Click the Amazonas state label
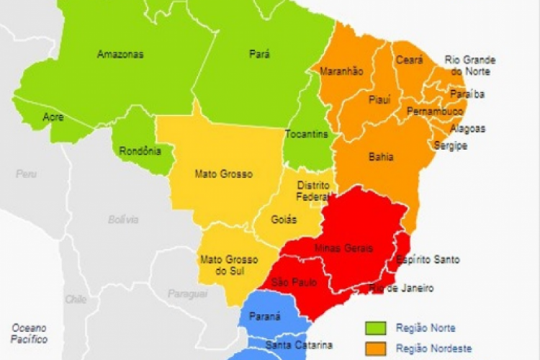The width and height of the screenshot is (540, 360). click(120, 54)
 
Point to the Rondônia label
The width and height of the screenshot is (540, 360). click(140, 150)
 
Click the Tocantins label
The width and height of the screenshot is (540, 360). click(306, 135)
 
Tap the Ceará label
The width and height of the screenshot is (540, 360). click(408, 60)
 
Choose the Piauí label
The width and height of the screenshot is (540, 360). click(379, 99)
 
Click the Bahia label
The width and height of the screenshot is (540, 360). click(380, 156)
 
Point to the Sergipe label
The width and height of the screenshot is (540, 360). click(450, 145)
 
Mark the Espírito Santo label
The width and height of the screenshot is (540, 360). click(427, 259)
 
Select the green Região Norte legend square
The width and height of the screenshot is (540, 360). click(375, 328)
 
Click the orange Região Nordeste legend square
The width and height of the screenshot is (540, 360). click(375, 348)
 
